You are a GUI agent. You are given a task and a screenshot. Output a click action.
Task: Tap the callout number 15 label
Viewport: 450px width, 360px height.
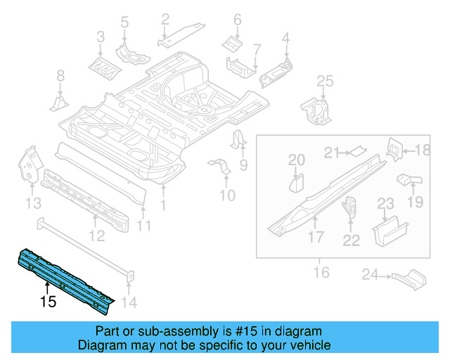(x=48, y=303)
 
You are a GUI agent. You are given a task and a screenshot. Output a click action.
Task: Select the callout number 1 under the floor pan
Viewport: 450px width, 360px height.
(x=165, y=205)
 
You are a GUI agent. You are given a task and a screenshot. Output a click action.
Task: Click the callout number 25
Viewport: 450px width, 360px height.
(x=323, y=82)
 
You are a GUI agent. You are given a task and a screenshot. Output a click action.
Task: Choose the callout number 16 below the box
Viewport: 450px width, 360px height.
(x=321, y=271)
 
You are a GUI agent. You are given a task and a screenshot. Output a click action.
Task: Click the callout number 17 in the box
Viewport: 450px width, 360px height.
(x=316, y=238)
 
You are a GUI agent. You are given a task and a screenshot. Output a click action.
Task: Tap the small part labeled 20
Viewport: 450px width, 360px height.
(x=297, y=184)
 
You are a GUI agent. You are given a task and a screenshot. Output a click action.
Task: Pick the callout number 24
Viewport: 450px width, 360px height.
(x=371, y=275)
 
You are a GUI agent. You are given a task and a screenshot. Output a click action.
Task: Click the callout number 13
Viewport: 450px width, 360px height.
(x=32, y=203)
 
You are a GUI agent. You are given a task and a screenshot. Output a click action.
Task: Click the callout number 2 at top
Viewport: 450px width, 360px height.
(x=165, y=18)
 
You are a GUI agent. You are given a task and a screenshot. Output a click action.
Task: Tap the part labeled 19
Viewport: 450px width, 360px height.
(x=409, y=181)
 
